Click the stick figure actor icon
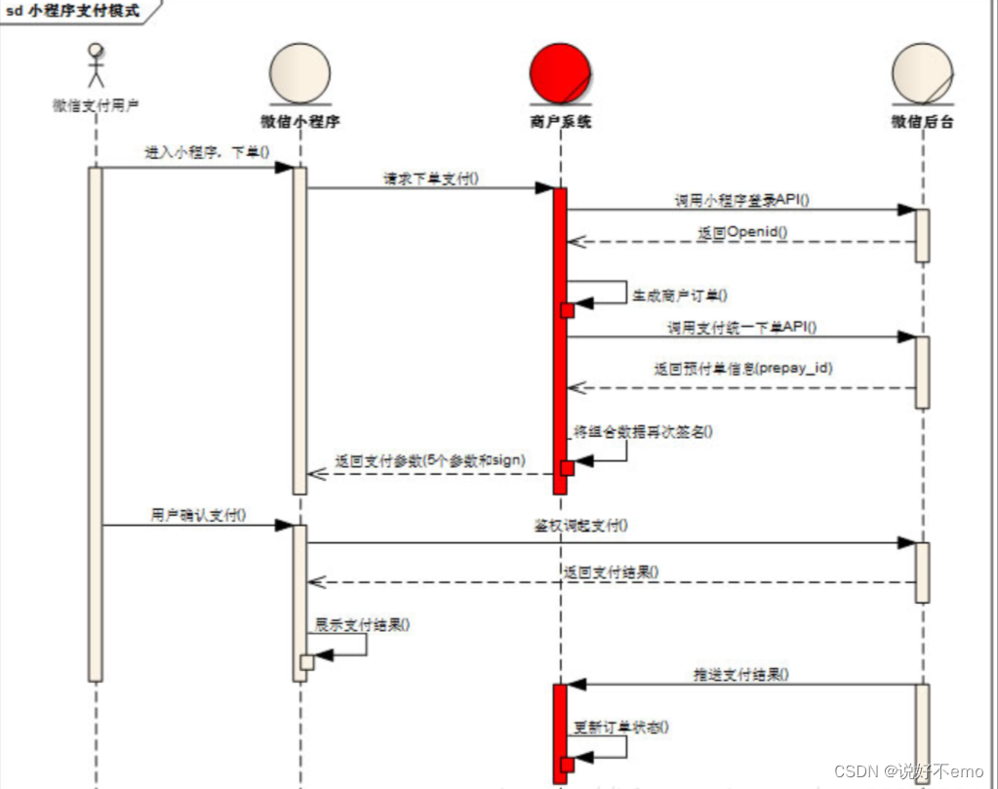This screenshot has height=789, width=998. tap(95, 65)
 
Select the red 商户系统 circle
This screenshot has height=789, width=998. tap(560, 72)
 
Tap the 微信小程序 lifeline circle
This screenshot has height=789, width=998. tap(299, 72)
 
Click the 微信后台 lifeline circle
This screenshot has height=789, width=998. tap(922, 72)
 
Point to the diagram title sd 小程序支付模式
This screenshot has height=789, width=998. tap(73, 12)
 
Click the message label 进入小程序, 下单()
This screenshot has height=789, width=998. tap(207, 152)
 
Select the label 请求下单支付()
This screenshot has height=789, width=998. tap(431, 178)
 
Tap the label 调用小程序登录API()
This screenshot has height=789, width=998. tap(741, 199)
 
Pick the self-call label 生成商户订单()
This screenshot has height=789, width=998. tap(680, 295)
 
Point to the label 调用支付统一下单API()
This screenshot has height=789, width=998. tap(741, 328)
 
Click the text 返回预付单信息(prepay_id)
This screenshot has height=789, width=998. tap(742, 369)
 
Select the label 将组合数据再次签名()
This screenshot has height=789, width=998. tap(643, 431)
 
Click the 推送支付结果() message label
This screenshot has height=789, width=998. tap(741, 673)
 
